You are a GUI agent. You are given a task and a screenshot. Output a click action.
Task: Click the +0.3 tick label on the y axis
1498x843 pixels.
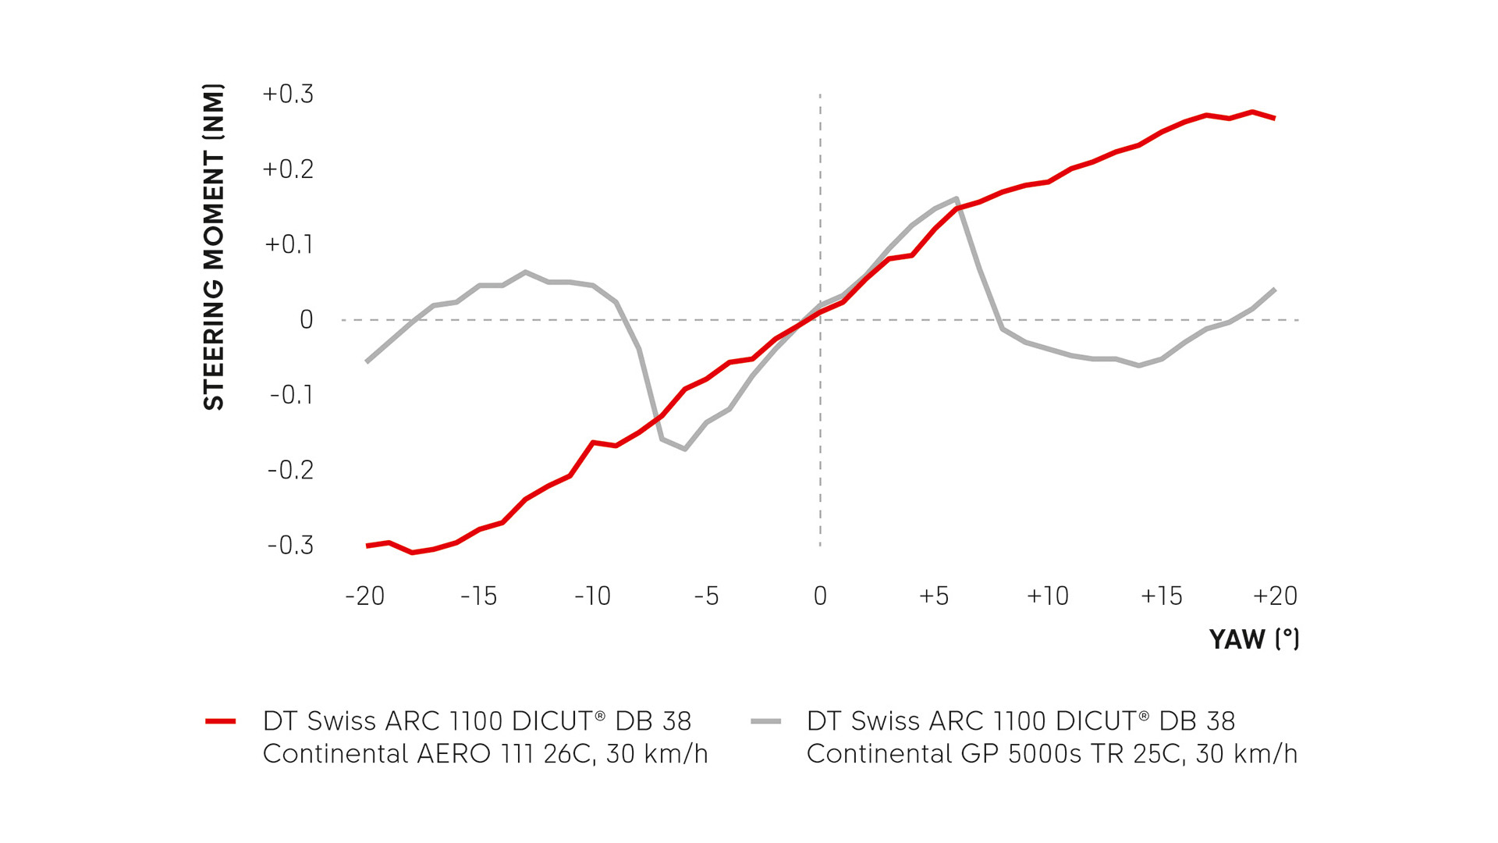[288, 94]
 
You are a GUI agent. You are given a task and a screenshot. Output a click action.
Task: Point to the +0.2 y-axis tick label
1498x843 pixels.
[288, 169]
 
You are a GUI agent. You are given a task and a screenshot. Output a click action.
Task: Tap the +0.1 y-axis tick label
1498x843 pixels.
[289, 244]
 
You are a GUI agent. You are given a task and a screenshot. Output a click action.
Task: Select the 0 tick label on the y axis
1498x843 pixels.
[307, 320]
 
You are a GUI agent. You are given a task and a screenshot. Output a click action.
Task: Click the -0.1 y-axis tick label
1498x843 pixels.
[291, 395]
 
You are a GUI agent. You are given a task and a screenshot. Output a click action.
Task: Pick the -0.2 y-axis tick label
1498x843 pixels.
[290, 470]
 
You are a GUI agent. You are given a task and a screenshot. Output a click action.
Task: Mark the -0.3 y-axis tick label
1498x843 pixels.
[290, 545]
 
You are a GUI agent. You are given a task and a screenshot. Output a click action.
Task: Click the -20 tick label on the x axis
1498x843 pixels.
[365, 596]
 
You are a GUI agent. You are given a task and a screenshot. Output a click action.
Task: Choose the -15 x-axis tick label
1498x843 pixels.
[478, 596]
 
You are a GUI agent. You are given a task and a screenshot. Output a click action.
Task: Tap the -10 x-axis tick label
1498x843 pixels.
[592, 596]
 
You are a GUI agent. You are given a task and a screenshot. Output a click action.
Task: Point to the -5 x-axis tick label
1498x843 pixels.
[706, 596]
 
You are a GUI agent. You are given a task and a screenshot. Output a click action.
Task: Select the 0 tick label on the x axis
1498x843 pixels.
[820, 596]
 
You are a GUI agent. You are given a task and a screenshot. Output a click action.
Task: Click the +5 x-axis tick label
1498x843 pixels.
[934, 596]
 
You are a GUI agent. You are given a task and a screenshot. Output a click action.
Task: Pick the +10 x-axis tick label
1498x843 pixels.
[1048, 596]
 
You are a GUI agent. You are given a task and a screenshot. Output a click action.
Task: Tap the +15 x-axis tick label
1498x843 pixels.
[1162, 596]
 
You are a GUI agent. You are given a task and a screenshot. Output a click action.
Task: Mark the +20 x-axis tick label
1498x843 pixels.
[1275, 596]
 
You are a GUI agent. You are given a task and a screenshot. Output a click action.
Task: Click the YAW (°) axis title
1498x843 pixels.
[1254, 639]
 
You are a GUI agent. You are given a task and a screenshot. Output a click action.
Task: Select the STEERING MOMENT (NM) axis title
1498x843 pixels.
[214, 247]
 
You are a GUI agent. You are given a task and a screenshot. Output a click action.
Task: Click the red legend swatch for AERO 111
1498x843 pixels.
[221, 721]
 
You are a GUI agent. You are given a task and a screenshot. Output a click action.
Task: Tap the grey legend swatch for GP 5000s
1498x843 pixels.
[765, 721]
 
